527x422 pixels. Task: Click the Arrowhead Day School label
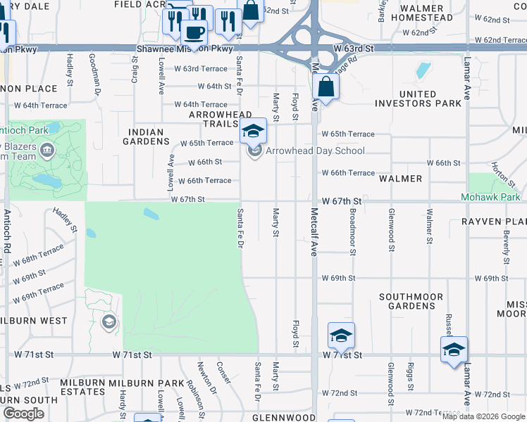coord(315,151)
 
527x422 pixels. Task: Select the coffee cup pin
coord(194,32)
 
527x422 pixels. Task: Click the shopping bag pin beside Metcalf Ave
coord(325,89)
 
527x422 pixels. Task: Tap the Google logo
coord(23,414)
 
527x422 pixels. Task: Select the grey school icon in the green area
coord(108,323)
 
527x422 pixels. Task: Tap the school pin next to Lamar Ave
coord(454,350)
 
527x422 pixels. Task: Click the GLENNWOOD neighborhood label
coord(287,418)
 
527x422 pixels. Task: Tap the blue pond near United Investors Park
coord(423,70)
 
